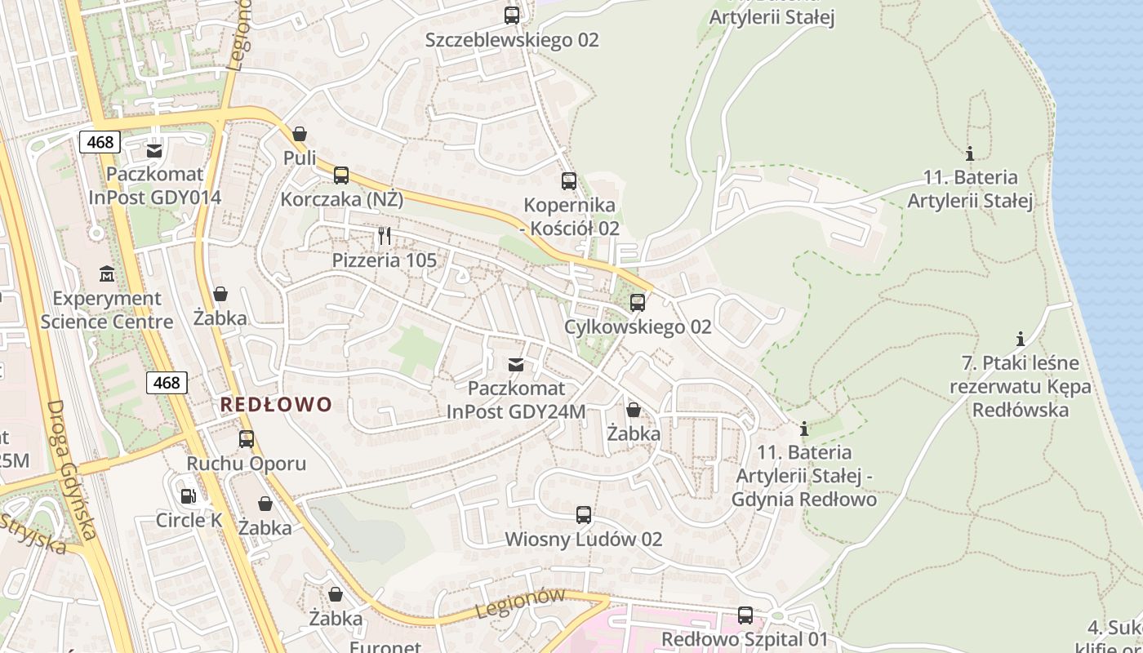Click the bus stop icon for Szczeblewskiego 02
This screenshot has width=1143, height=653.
(512, 15)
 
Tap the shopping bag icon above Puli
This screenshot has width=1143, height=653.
(300, 133)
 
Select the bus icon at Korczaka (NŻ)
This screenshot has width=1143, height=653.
(341, 175)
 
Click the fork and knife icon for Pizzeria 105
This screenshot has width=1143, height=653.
(385, 237)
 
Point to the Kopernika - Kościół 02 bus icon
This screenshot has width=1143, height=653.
(569, 181)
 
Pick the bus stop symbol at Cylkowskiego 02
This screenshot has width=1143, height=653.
(638, 303)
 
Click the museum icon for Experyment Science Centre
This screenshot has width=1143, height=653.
(107, 273)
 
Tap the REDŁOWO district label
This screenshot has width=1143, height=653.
(277, 404)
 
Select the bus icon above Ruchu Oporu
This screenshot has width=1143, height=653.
(247, 439)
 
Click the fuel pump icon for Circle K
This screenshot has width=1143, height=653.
(189, 495)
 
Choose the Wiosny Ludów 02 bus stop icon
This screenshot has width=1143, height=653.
(583, 515)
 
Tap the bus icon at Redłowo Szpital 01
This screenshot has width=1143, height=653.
(745, 615)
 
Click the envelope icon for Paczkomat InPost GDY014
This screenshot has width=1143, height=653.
(154, 150)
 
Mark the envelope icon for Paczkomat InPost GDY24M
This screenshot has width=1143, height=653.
(516, 364)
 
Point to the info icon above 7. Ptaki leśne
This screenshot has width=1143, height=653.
(1020, 339)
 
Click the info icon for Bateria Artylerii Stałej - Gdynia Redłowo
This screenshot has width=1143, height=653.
(804, 428)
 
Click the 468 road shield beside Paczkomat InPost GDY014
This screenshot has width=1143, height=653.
(100, 142)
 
